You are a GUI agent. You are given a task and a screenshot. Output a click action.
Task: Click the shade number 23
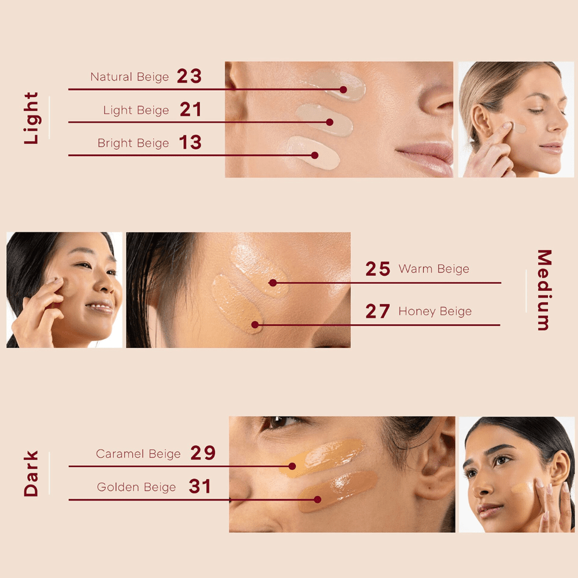(x=189, y=76)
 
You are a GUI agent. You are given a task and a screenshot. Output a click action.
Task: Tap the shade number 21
(x=191, y=109)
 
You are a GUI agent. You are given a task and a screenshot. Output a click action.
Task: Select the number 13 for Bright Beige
(x=190, y=142)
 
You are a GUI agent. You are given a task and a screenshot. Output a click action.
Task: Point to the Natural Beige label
(x=129, y=77)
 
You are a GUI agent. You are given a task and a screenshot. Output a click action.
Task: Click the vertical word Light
(x=31, y=118)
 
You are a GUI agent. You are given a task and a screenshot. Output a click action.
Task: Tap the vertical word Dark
(x=31, y=473)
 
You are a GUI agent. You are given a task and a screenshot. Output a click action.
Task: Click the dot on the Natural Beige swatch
(x=343, y=90)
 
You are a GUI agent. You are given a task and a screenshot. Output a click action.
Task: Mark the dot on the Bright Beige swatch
(x=314, y=155)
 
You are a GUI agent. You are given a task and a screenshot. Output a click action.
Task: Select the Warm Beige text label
(x=434, y=269)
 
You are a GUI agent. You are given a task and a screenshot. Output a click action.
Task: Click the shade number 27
(x=377, y=311)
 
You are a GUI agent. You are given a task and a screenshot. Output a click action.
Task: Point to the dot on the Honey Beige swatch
(x=255, y=325)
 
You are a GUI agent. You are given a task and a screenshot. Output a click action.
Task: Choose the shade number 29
(x=203, y=453)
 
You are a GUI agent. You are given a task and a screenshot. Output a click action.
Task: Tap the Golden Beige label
(x=136, y=487)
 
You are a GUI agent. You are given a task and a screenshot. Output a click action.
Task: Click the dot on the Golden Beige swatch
(x=317, y=499)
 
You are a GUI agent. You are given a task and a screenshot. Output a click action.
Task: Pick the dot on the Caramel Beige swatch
(x=292, y=466)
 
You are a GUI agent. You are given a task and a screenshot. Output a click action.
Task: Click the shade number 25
(x=378, y=269)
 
